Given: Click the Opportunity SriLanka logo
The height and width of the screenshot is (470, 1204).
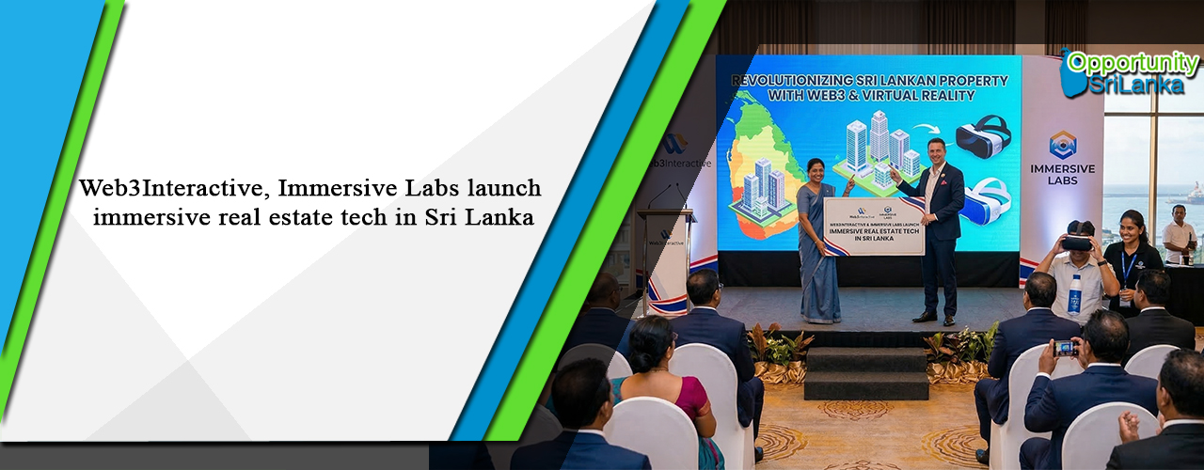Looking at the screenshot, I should click(1129, 72).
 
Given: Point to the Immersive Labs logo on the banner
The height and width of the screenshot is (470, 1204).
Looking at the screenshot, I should click(1062, 159).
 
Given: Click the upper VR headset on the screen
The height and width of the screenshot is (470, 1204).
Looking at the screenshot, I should click(982, 136).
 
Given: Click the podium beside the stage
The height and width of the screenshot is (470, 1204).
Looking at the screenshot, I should click(665, 258).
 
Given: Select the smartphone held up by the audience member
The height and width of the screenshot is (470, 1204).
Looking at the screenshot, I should click(1066, 348).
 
